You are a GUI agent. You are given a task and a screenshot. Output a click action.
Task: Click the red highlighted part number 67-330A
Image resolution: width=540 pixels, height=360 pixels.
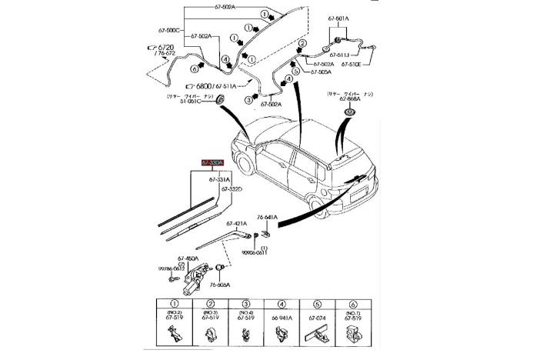[213, 163]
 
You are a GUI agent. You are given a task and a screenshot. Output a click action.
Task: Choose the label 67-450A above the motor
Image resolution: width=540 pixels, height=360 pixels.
[188, 258]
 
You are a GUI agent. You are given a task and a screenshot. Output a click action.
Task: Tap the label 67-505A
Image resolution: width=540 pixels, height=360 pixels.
[321, 72]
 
